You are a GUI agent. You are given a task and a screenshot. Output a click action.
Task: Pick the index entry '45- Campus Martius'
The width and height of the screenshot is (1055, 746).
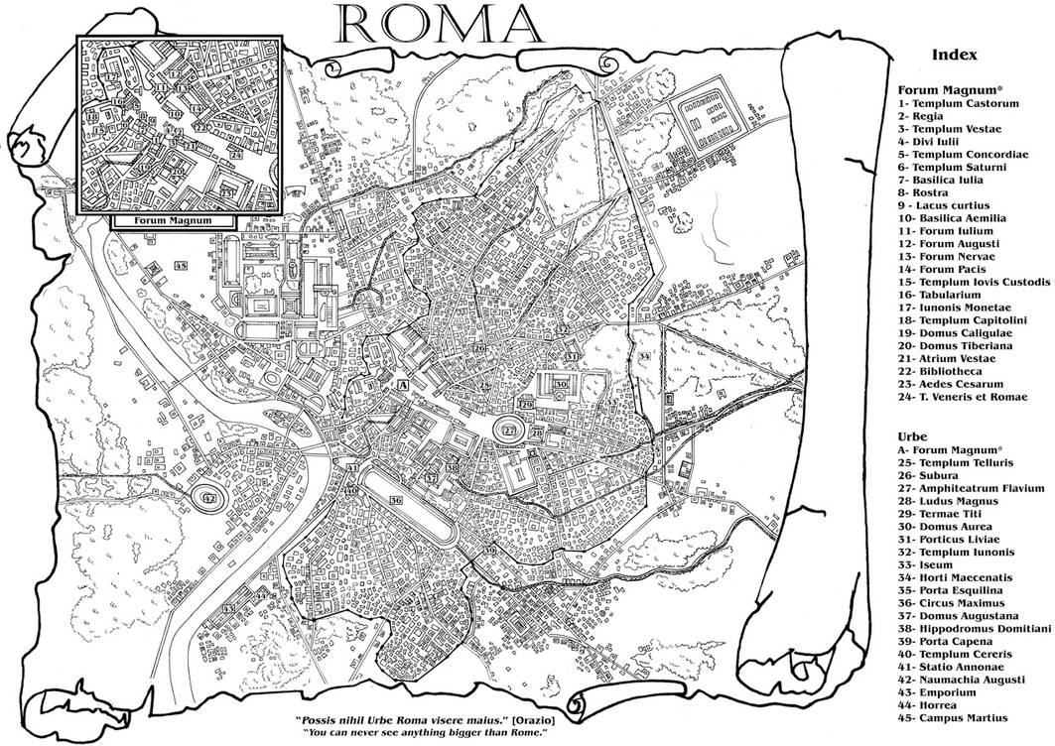[951, 717]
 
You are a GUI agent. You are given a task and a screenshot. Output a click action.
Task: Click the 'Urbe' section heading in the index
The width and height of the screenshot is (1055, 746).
[912, 435]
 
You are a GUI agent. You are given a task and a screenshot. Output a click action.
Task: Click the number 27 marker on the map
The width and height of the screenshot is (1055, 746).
[509, 431]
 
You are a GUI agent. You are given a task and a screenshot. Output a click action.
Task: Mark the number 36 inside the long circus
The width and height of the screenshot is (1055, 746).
[395, 502]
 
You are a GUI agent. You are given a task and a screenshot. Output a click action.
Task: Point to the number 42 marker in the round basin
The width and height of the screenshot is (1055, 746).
[208, 499]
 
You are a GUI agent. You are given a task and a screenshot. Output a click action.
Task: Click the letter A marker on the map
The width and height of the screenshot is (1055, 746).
[403, 383]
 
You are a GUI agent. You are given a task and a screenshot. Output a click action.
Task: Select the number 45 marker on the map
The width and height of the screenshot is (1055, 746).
[181, 266]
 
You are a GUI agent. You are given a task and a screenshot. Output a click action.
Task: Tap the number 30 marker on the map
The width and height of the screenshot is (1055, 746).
[561, 384]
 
